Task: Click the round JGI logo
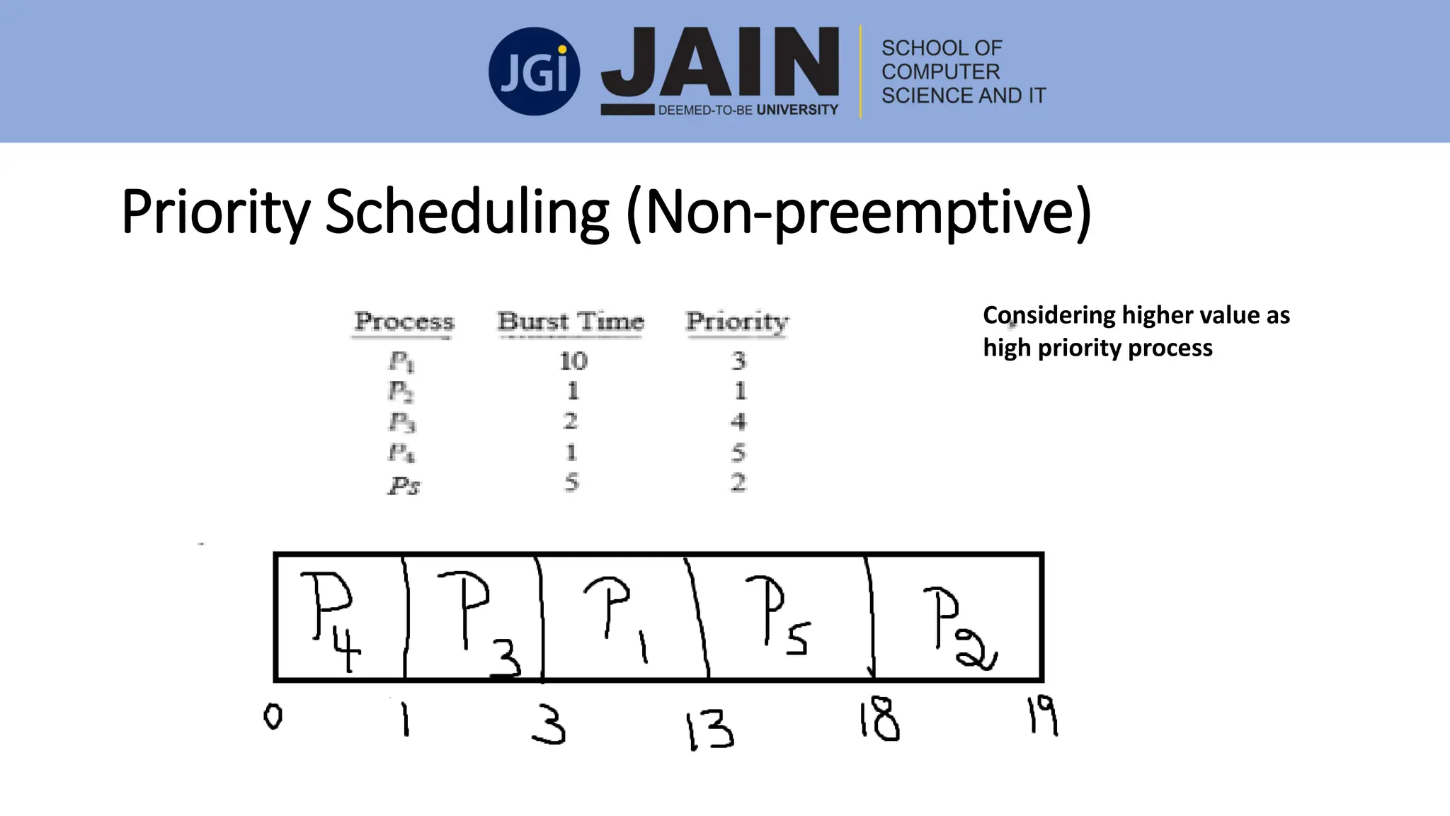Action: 534,72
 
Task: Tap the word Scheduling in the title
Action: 467,212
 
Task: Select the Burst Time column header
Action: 571,322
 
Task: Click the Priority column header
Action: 737,322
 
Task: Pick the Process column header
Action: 404,322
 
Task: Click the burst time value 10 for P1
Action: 573,361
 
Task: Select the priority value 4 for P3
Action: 738,422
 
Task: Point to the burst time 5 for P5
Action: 571,483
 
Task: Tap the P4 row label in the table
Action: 401,453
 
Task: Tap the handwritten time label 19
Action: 1042,715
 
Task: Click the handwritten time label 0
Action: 273,718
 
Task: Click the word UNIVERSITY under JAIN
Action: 797,110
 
